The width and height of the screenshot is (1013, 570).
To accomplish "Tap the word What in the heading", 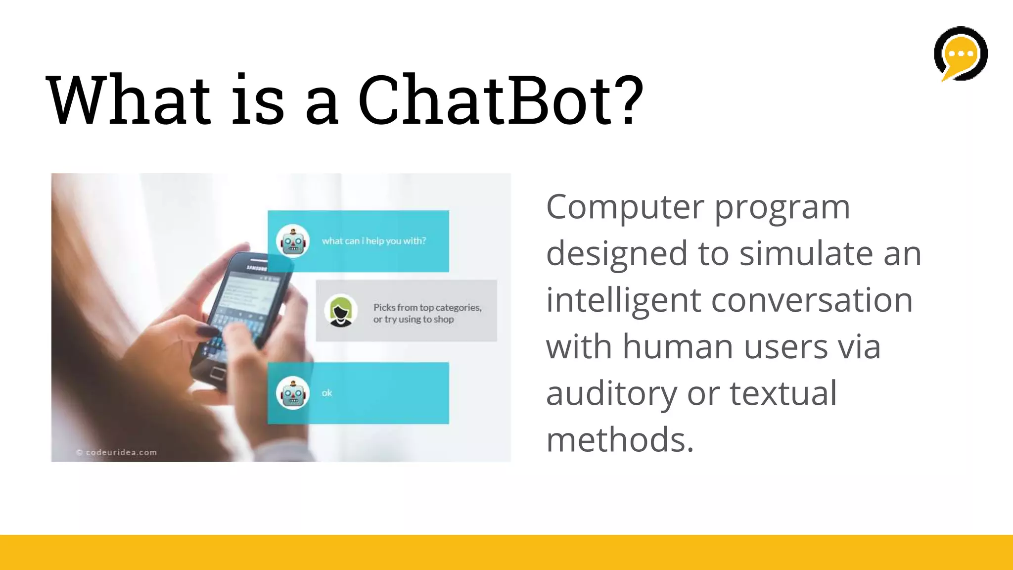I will point(129,100).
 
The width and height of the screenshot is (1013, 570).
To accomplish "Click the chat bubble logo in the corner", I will point(961,53).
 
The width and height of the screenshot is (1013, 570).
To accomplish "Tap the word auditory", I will point(611,394).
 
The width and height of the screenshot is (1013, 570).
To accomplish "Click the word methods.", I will point(620,440).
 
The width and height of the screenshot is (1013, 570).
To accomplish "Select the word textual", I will point(783,394).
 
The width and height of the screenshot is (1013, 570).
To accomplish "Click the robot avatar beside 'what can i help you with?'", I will point(293,241).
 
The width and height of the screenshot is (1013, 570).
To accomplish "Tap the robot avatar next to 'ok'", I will point(293,393).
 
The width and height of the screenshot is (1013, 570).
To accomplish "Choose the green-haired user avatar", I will point(341,311).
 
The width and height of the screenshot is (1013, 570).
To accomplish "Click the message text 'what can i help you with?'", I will point(373,241).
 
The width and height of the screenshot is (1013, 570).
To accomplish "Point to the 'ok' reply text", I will point(326,393).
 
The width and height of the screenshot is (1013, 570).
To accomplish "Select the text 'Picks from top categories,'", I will point(427,307).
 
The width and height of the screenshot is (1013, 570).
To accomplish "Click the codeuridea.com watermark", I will point(117,452).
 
